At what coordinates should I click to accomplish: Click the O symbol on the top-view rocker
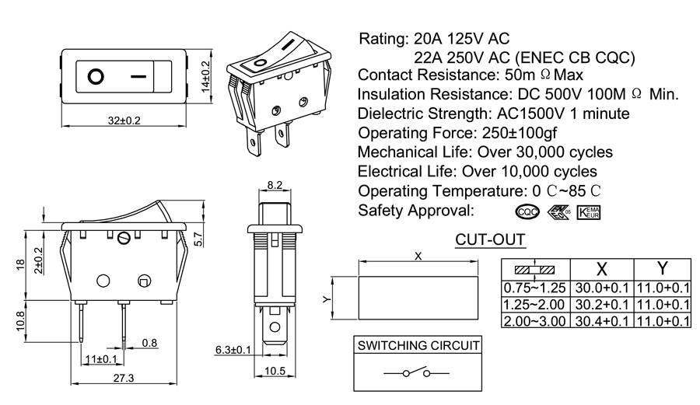pyautogui.click(x=96, y=77)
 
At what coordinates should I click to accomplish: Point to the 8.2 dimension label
pyautogui.click(x=275, y=185)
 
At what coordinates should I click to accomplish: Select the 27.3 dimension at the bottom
pyautogui.click(x=124, y=379)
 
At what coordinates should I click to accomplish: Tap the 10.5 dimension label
pyautogui.click(x=276, y=371)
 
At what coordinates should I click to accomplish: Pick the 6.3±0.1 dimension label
pyautogui.click(x=233, y=350)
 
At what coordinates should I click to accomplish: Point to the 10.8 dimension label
pyautogui.click(x=21, y=319)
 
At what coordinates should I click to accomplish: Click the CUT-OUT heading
pyautogui.click(x=489, y=240)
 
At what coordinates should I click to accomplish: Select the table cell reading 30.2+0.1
pyautogui.click(x=603, y=304)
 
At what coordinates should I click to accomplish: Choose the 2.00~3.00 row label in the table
pyautogui.click(x=535, y=321)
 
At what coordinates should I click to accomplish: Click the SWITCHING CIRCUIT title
pyautogui.click(x=418, y=345)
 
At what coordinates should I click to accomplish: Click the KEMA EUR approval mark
pyautogui.click(x=589, y=212)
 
